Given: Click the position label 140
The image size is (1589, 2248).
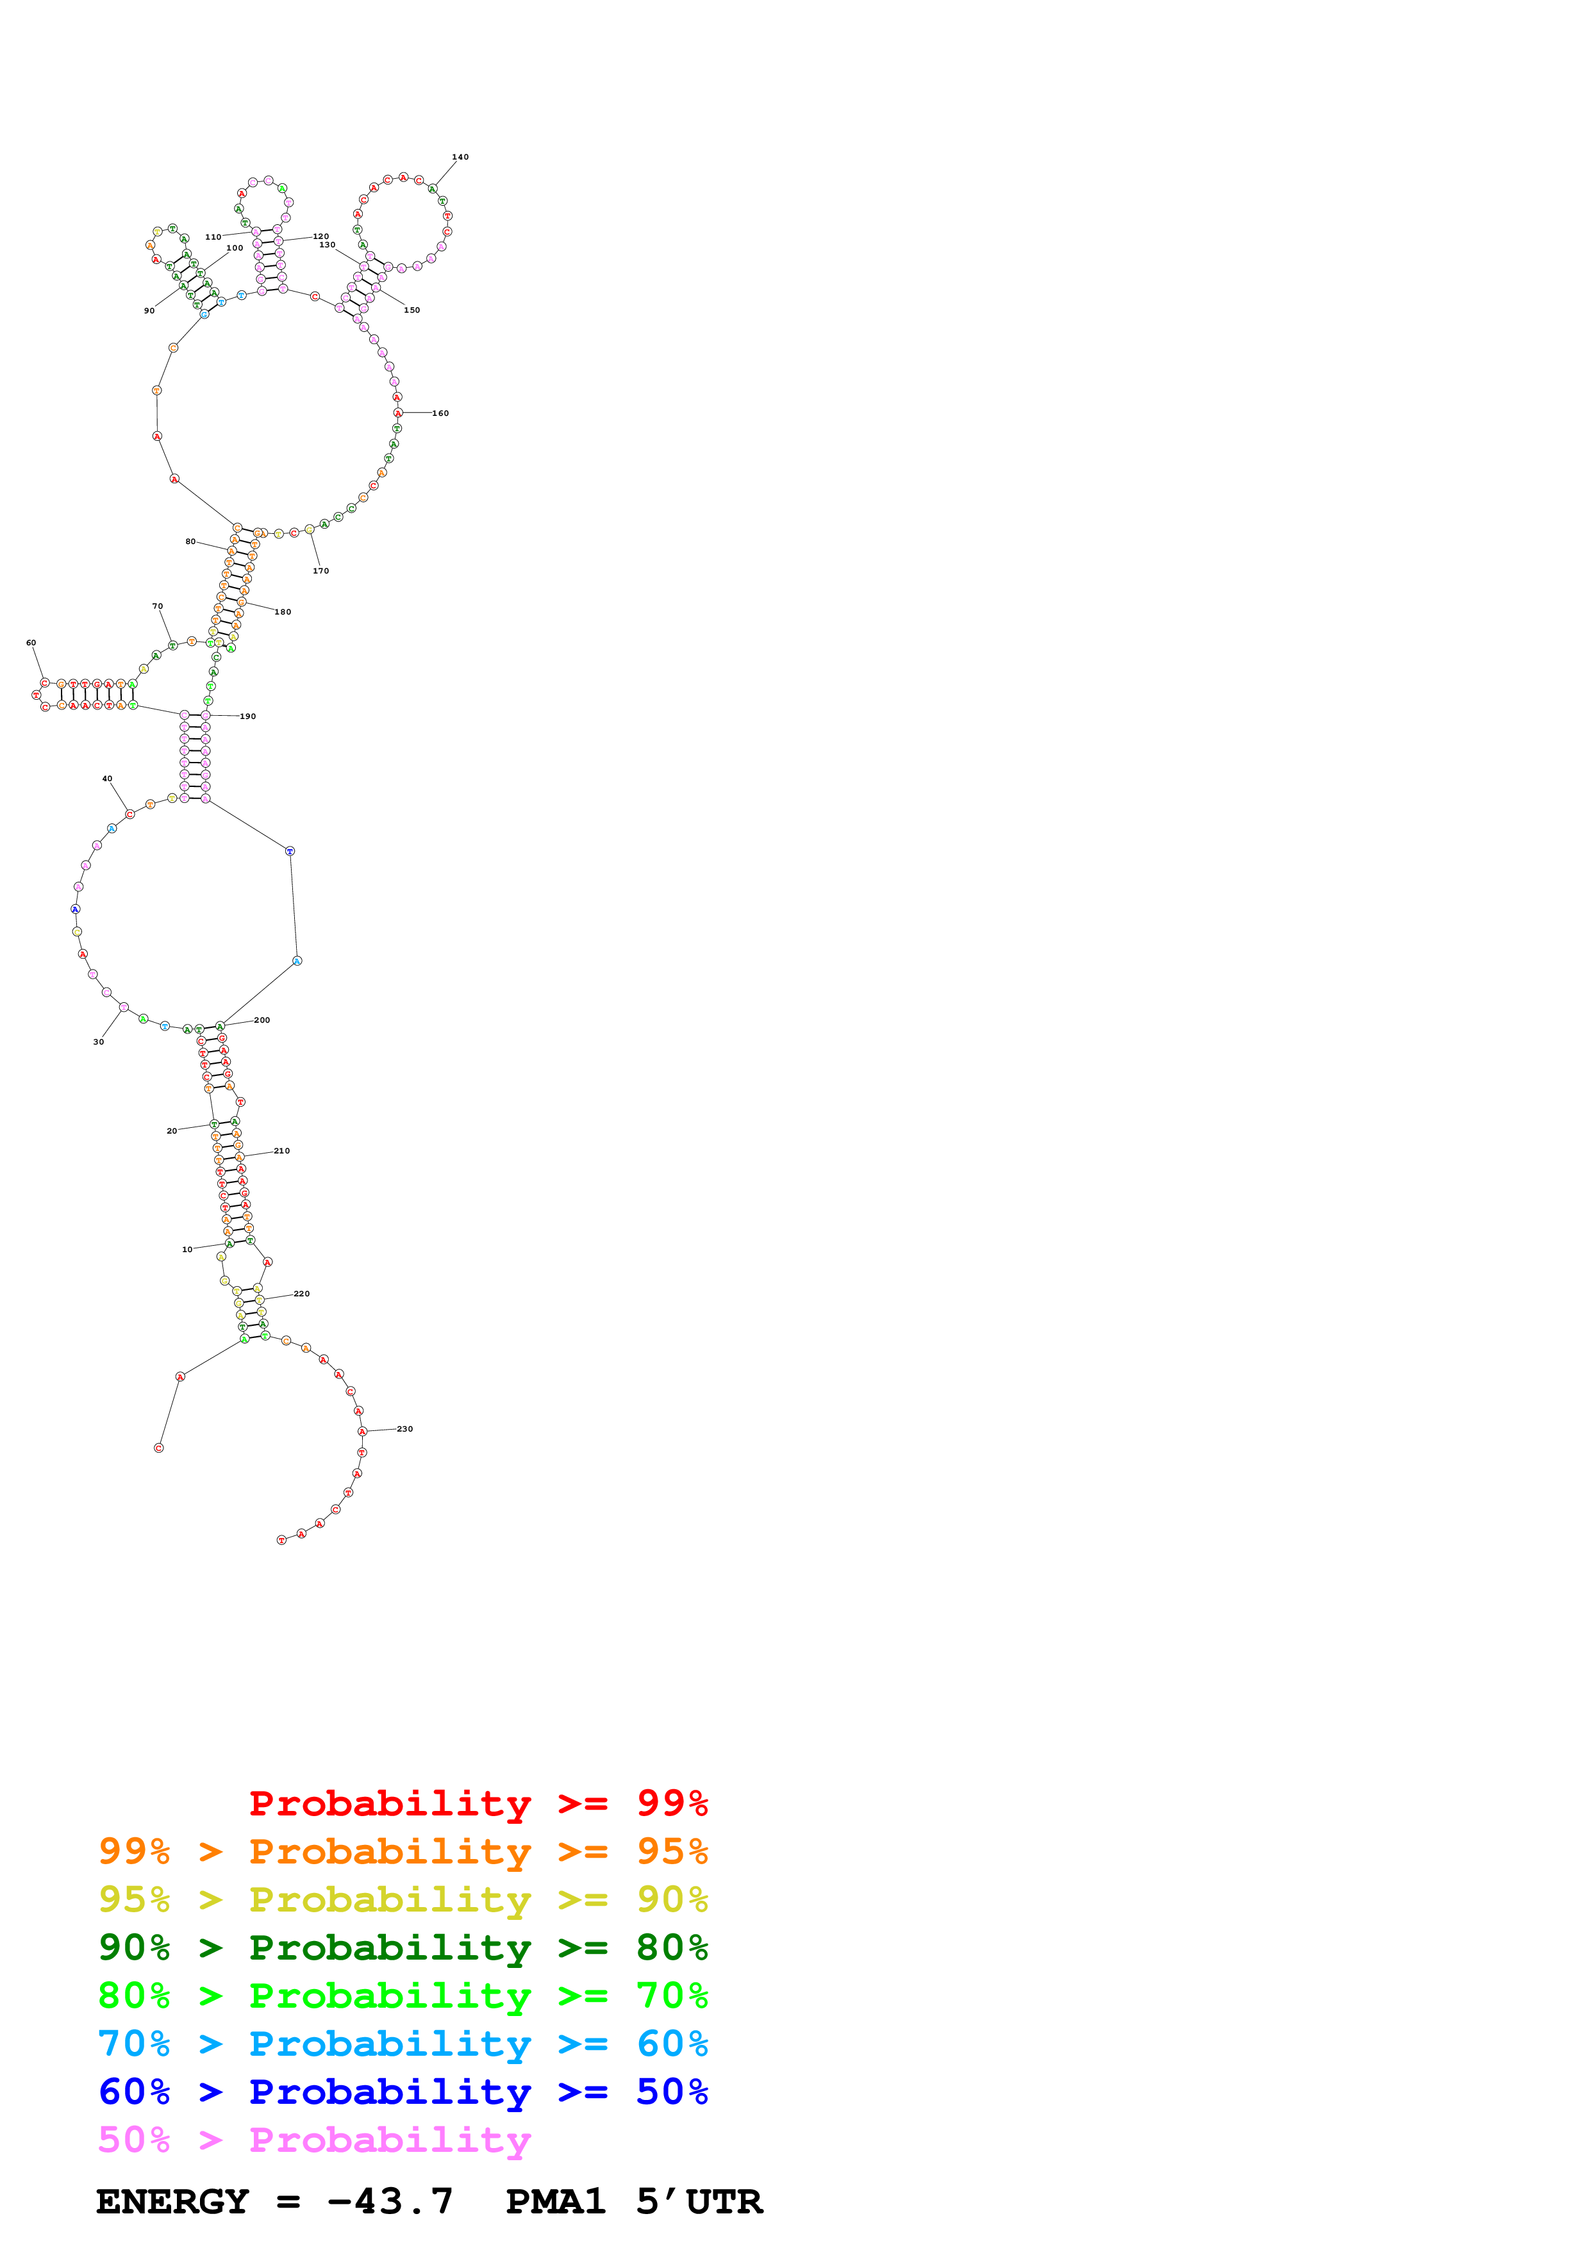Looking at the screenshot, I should point(460,156).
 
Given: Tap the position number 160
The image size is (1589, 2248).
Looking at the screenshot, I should point(440,413).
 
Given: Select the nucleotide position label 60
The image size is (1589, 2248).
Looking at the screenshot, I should point(31,643).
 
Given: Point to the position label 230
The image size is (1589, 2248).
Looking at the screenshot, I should point(404,1430).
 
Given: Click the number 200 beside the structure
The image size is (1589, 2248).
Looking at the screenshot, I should point(262,1020).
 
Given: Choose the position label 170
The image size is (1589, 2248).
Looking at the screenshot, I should point(321,571).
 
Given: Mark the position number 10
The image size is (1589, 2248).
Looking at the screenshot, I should point(187,1250).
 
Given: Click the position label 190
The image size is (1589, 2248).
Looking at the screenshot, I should point(247,716).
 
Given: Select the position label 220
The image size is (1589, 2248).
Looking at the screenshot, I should point(301,1294).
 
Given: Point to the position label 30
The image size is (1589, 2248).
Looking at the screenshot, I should point(98,1043).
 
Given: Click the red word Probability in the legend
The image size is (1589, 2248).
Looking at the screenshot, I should point(390,1803).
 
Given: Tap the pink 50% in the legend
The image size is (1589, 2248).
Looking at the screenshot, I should point(134,2140).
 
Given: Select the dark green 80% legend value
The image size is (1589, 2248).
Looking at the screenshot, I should point(672,1947).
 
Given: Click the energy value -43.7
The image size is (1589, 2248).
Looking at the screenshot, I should point(390,2202).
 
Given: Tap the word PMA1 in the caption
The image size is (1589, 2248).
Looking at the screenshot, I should point(555,2202).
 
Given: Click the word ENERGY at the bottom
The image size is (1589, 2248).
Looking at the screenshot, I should point(172,2202).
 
